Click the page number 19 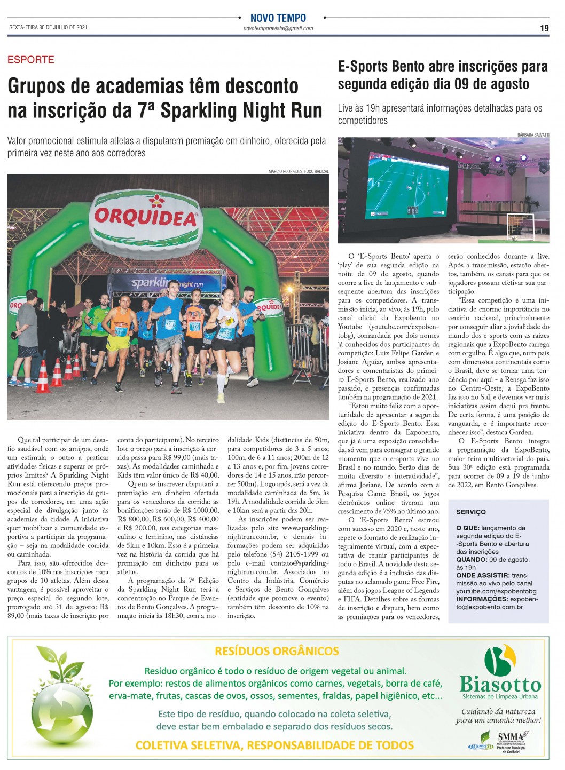tap(544, 28)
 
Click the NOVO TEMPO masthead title tap(278, 18)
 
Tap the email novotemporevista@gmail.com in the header tap(278, 29)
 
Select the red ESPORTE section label tap(31, 60)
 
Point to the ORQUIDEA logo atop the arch tap(146, 217)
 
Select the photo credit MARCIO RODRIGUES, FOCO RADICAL tap(298, 171)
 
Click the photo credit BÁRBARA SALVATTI tap(533, 135)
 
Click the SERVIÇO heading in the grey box tap(470, 512)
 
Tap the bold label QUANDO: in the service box tap(472, 560)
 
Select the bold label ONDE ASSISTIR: tap(483, 575)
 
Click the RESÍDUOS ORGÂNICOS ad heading tap(277, 651)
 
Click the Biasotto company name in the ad tap(500, 685)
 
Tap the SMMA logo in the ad tap(510, 737)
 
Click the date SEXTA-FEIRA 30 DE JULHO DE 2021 tap(48, 27)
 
